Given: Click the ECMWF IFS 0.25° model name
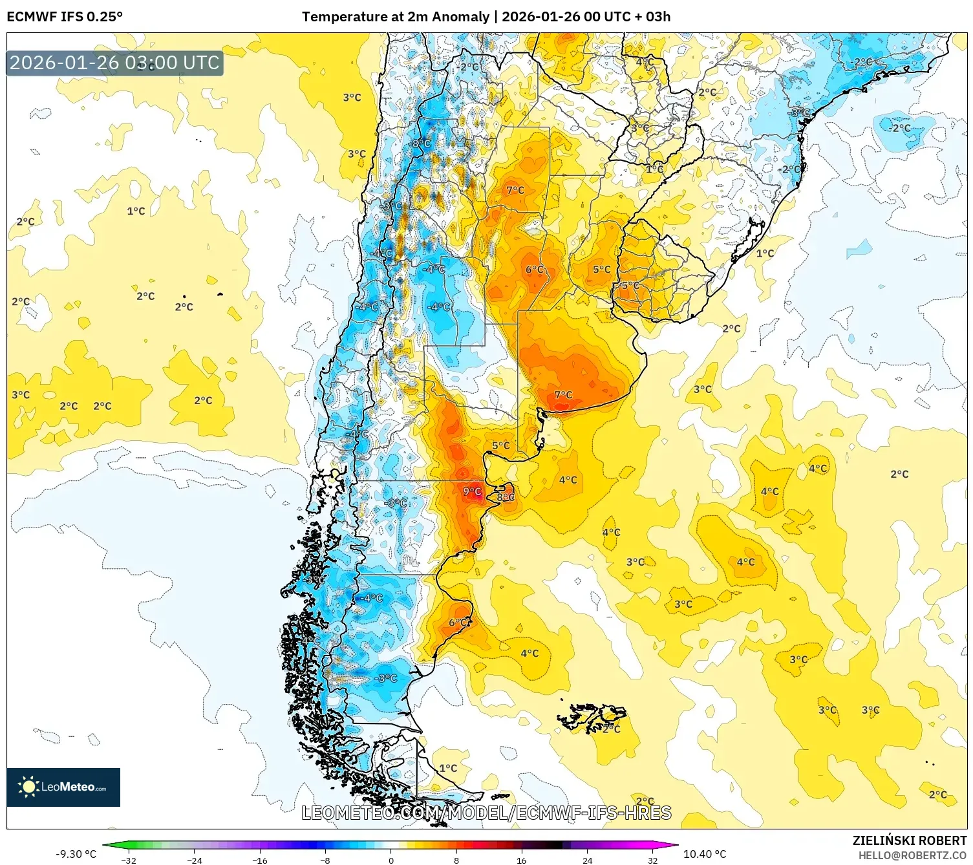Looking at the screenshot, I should point(65,17).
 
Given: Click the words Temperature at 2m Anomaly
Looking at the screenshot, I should point(395,17).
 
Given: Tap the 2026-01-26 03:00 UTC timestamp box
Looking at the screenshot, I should point(114,63).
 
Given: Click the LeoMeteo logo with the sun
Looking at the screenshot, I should point(63,787).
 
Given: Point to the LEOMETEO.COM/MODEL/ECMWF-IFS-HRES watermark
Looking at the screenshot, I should point(486,813).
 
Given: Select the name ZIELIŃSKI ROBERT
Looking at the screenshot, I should point(909,840).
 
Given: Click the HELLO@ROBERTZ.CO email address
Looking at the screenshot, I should point(912,855).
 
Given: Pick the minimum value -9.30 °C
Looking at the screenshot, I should point(76,854).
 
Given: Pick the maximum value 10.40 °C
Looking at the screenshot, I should point(705,854).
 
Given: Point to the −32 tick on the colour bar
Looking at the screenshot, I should point(129,860).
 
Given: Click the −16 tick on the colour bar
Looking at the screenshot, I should point(259,860).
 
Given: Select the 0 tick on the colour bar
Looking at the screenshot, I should point(390,860).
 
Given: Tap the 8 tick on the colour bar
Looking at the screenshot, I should point(456,860).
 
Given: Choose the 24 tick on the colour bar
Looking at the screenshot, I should point(587,860).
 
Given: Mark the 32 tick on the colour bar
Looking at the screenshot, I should point(652,860).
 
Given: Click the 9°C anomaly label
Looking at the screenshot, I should point(472,491).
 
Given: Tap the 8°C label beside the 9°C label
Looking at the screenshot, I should point(506,497).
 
